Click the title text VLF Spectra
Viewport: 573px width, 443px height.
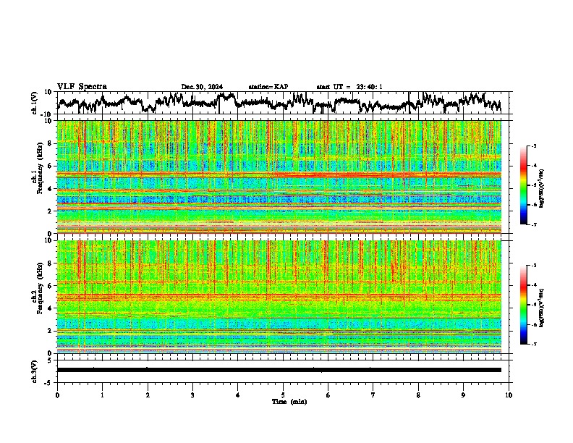click(82, 86)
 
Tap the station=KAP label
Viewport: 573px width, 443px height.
click(268, 87)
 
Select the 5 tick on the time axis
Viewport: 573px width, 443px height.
click(283, 395)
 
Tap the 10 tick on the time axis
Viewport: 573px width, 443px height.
click(509, 395)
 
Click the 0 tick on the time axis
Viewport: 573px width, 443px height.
click(57, 395)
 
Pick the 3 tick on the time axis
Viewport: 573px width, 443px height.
click(192, 395)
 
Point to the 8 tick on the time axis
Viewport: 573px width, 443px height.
click(418, 395)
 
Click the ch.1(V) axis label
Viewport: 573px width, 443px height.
click(35, 103)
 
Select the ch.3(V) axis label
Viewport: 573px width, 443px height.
click(35, 369)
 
